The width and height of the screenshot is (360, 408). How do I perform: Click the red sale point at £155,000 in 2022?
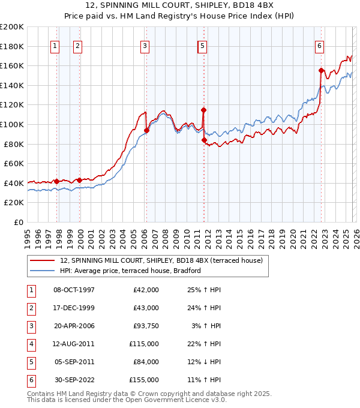[321, 70]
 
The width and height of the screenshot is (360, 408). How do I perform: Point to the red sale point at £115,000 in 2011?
[203, 110]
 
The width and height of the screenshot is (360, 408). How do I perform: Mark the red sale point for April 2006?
[146, 130]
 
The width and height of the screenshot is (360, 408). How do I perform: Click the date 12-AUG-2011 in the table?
[74, 344]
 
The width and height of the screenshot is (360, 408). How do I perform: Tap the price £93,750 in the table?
[146, 326]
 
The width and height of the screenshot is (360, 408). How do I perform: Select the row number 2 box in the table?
[31, 308]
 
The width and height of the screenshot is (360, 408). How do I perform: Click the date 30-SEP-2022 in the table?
[74, 380]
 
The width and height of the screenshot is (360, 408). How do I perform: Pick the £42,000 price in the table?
[146, 290]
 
